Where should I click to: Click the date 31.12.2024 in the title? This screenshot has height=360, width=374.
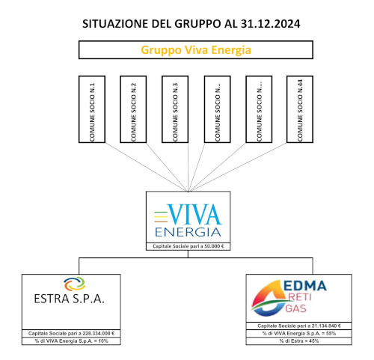click(271, 24)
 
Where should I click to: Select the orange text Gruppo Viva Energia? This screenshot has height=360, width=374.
click(196, 50)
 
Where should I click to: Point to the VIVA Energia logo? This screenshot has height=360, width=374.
click(188, 220)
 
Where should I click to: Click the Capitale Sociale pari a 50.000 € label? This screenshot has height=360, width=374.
click(188, 246)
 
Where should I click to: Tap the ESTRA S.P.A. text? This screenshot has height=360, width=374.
click(69, 299)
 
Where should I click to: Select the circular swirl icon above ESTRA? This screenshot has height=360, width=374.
click(75, 284)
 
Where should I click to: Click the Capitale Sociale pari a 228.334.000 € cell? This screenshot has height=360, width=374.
click(71, 333)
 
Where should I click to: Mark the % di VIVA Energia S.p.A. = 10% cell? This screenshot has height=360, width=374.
click(71, 341)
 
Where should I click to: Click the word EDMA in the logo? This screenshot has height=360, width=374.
click(305, 286)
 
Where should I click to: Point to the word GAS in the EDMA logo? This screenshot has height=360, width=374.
click(295, 308)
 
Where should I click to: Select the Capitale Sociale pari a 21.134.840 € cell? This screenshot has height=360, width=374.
click(299, 326)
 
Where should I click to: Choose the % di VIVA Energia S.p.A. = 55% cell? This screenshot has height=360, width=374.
click(299, 334)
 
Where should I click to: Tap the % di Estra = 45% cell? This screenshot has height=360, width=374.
click(299, 341)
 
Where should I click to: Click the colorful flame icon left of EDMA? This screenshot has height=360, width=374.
click(269, 298)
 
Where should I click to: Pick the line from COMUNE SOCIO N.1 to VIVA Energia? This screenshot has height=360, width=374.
click(147, 167)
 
